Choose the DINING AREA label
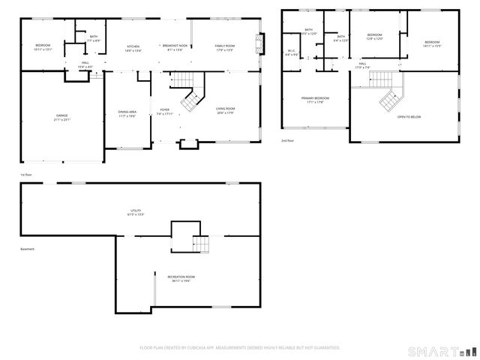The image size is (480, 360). tap(127, 113)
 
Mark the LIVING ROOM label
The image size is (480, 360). tap(225, 110)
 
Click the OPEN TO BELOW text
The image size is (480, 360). tap(409, 116)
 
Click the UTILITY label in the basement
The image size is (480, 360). tap(135, 212)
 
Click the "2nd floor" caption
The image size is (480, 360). tap(288, 140)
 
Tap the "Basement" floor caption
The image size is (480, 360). tap(27, 250)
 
